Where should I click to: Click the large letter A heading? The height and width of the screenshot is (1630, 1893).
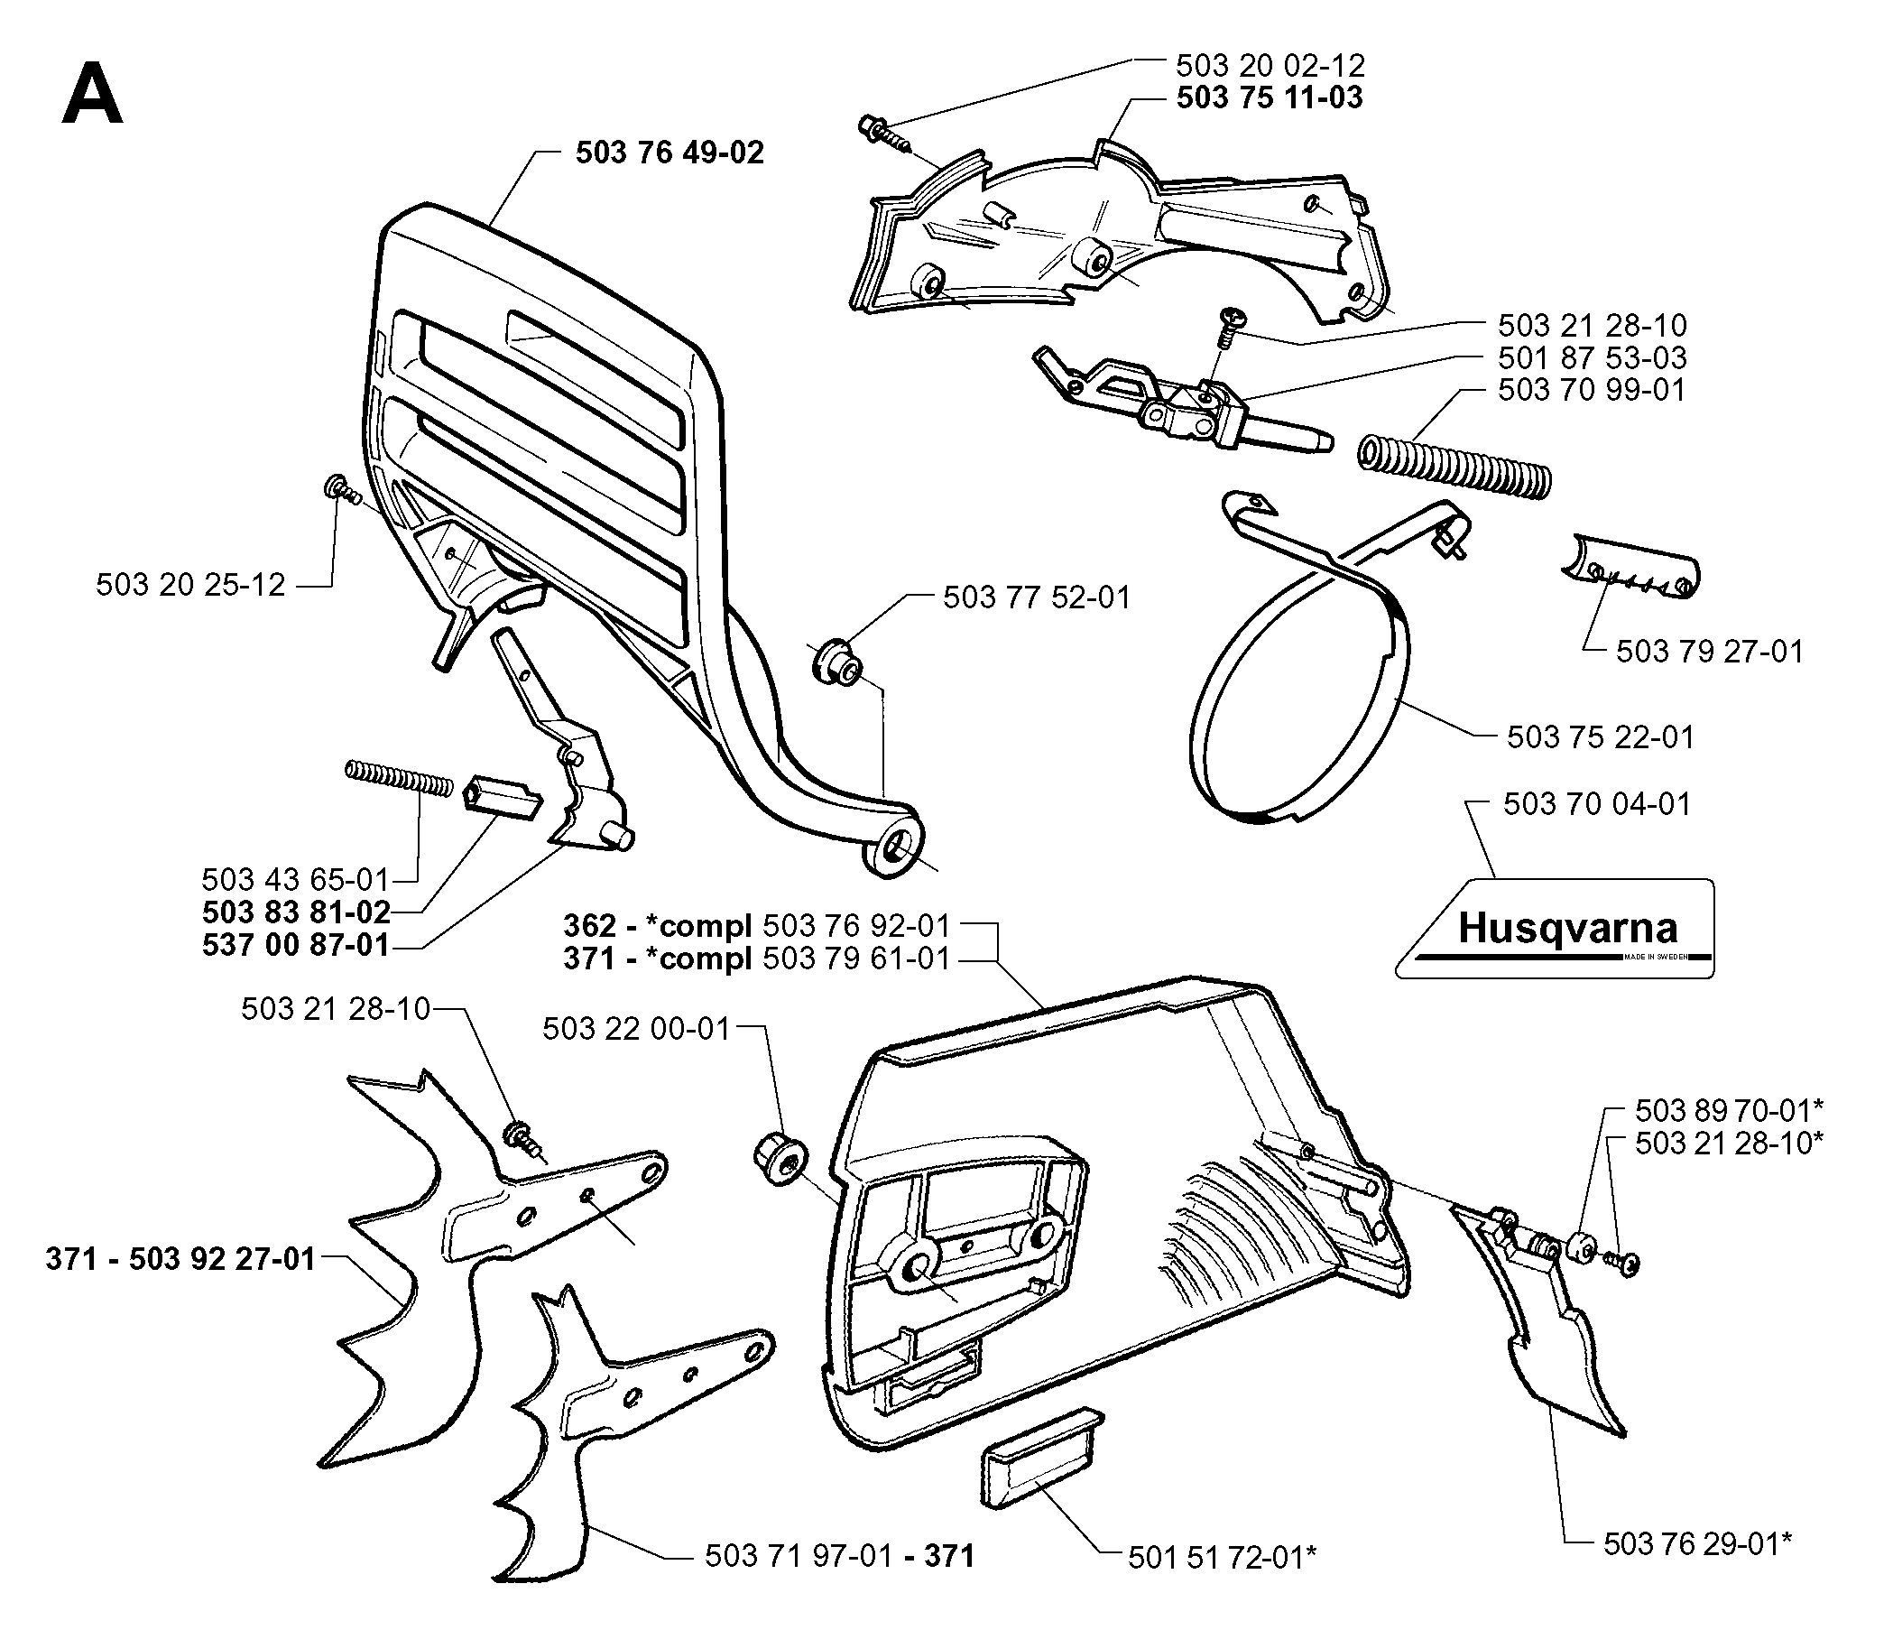pyautogui.click(x=91, y=94)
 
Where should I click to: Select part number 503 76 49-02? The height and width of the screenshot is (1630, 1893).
pyautogui.click(x=669, y=153)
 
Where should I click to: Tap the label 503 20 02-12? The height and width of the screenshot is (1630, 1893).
pyautogui.click(x=1270, y=66)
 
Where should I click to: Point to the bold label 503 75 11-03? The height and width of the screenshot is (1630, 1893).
pyautogui.click(x=1269, y=97)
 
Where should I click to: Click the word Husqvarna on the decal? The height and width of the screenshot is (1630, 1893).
pyautogui.click(x=1567, y=929)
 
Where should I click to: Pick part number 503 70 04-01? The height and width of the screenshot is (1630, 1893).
pyautogui.click(x=1597, y=804)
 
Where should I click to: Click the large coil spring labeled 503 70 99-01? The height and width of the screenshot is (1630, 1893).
pyautogui.click(x=1454, y=467)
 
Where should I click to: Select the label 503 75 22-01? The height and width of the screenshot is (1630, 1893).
pyautogui.click(x=1600, y=736)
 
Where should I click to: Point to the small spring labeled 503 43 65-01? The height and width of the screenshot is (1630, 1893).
pyautogui.click(x=399, y=779)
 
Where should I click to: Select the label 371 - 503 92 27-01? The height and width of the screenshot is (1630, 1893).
pyautogui.click(x=180, y=1259)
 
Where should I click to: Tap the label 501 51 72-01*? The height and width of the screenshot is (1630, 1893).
pyautogui.click(x=1222, y=1557)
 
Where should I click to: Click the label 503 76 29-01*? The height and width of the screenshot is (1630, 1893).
pyautogui.click(x=1696, y=1543)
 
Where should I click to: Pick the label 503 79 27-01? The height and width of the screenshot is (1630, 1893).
pyautogui.click(x=1709, y=652)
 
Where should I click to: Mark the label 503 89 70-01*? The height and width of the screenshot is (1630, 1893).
pyautogui.click(x=1729, y=1110)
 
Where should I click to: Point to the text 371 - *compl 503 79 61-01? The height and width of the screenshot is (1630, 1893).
pyautogui.click(x=756, y=959)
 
